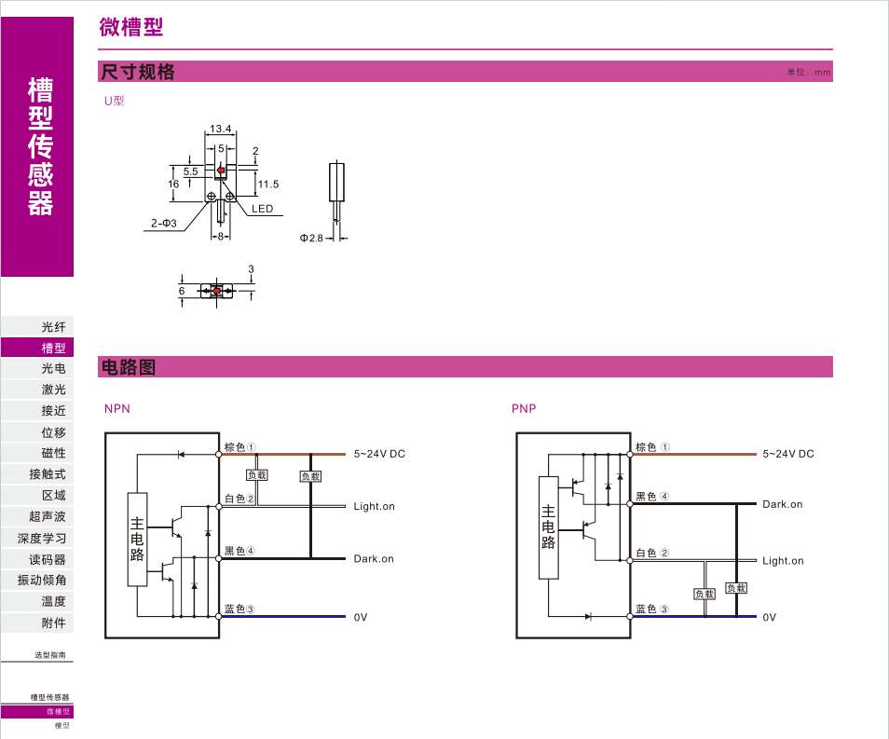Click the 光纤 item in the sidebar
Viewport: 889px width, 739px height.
click(53, 327)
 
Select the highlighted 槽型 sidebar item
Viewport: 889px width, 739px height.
click(53, 348)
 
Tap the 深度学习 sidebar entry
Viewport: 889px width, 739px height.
click(42, 538)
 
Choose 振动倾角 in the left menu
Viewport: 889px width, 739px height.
click(42, 580)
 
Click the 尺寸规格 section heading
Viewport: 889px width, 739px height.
click(138, 72)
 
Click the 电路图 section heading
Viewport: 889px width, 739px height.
click(128, 367)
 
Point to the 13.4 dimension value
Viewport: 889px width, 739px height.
click(220, 130)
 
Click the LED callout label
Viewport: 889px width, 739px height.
click(263, 209)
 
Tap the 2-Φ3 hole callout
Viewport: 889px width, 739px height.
click(164, 224)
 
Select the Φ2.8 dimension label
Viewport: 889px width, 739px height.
click(311, 239)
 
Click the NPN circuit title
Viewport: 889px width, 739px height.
click(117, 408)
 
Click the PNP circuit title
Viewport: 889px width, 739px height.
click(524, 408)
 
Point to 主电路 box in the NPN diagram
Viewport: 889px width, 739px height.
click(137, 539)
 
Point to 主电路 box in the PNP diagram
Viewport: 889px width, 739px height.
click(548, 527)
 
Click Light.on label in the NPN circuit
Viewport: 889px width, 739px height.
click(374, 507)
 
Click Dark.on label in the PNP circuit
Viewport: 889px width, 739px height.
click(782, 504)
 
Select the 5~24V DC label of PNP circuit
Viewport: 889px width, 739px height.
click(787, 454)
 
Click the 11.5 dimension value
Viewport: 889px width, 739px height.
click(268, 185)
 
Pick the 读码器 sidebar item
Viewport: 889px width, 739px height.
click(48, 559)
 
